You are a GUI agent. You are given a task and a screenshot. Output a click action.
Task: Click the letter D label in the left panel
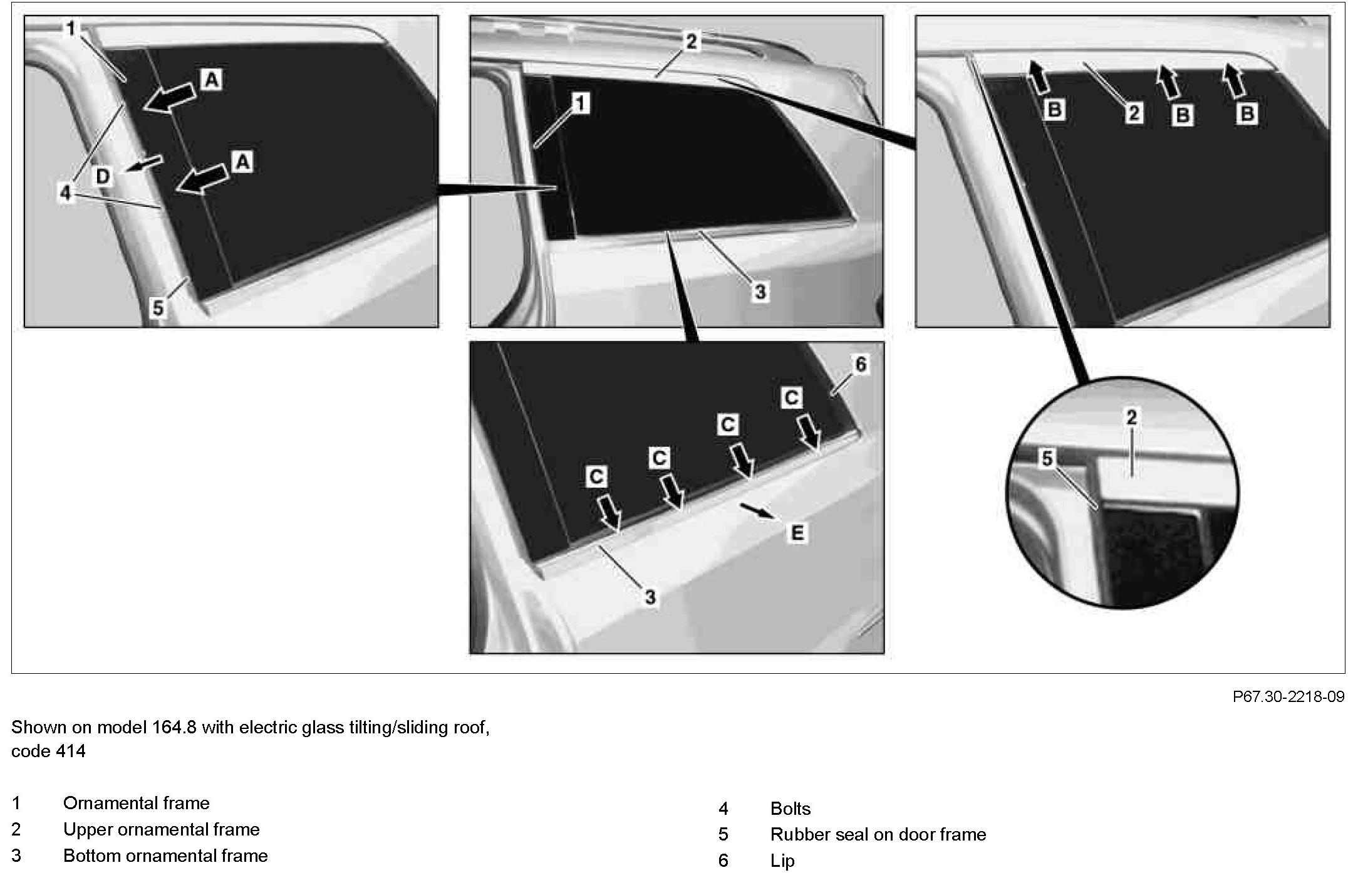point(103,176)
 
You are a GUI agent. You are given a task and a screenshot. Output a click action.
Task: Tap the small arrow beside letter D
point(145,164)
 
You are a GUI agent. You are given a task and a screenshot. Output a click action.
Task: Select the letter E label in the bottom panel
point(797,533)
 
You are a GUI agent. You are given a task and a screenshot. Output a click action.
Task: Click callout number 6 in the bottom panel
point(861,364)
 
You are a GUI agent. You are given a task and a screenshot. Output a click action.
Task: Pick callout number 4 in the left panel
point(66,193)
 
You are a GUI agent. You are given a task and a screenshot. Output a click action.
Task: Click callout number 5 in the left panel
point(158,308)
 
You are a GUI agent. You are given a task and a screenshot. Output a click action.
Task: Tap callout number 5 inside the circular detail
point(1047,459)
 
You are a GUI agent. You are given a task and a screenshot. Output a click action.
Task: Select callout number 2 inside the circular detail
point(1131,417)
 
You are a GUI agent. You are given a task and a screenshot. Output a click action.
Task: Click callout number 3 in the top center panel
point(760,291)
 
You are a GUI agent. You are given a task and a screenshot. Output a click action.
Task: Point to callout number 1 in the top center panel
point(581,103)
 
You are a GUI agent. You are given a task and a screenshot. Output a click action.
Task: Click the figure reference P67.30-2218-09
point(1288,696)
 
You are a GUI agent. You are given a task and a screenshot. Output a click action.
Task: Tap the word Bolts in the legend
point(790,809)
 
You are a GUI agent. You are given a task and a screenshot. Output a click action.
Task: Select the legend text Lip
point(782,861)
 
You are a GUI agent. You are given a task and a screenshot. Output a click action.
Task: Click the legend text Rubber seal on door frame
point(878,834)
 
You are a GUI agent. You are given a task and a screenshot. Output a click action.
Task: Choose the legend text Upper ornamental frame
point(161,829)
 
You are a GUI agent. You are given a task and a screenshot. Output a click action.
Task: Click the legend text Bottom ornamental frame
point(165,856)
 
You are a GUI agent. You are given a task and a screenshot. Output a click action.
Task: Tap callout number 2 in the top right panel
point(1133,113)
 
